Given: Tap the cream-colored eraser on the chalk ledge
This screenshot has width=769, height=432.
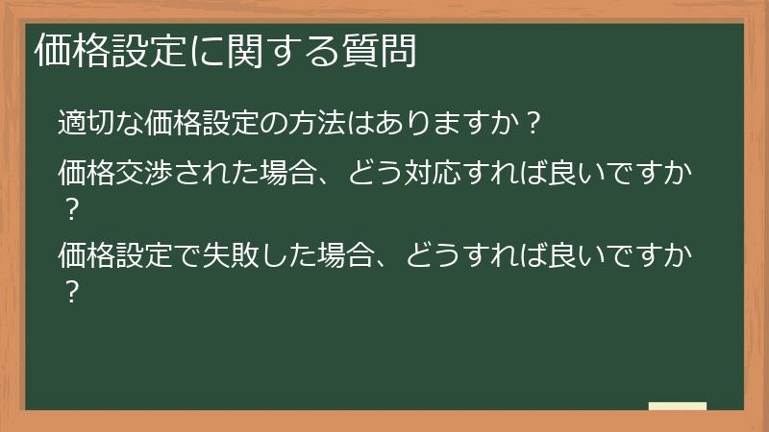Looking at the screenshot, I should (x=678, y=406).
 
